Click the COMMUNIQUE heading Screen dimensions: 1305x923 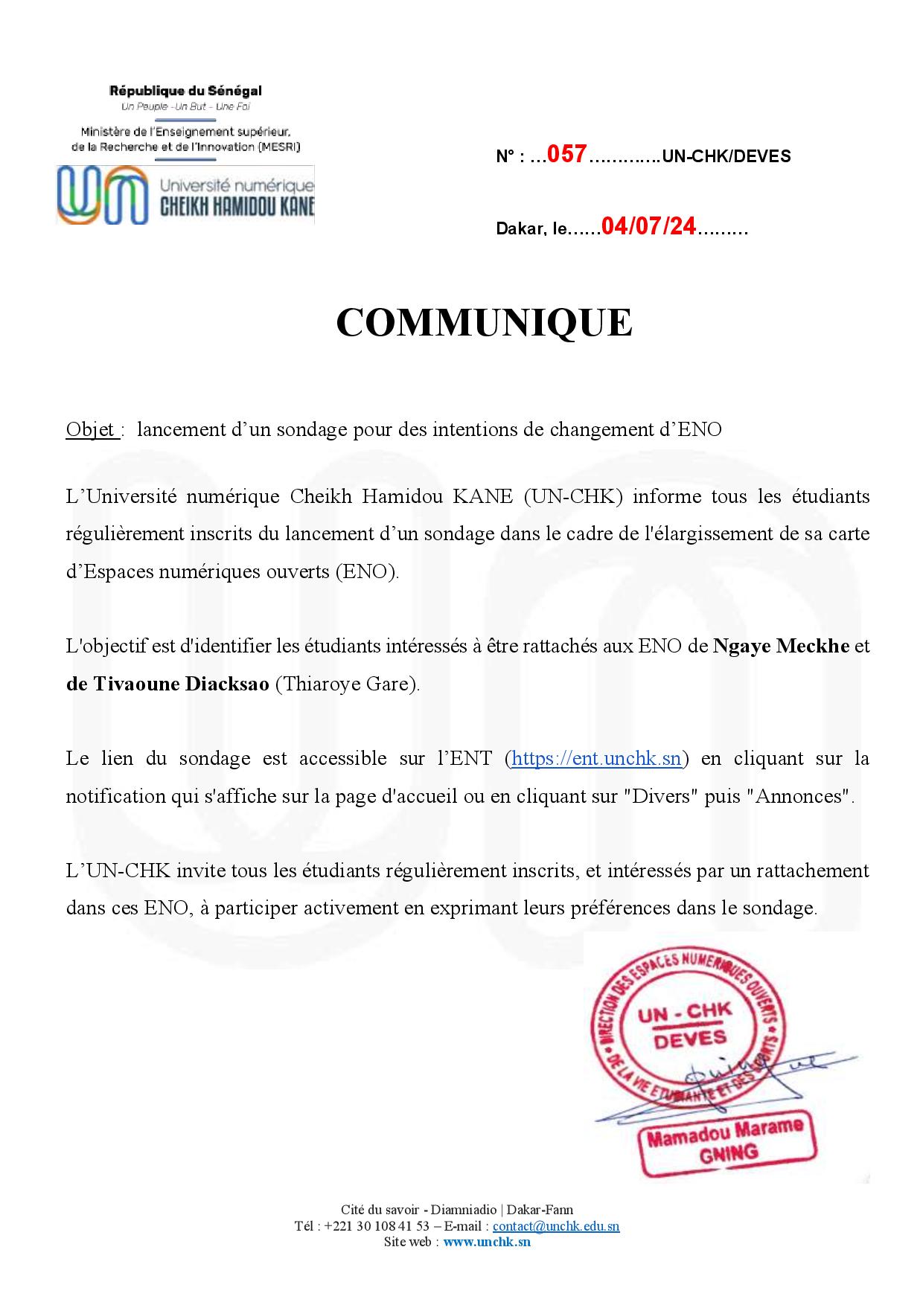[x=484, y=322]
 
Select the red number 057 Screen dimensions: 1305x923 [x=567, y=155]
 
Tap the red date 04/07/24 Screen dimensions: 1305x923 [x=648, y=227]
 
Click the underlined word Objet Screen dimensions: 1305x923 [x=90, y=430]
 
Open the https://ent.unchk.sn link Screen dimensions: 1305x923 [x=596, y=758]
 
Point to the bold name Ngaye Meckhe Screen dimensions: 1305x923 [x=781, y=646]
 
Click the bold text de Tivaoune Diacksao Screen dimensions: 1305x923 [x=167, y=684]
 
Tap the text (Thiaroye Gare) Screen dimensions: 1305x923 [x=348, y=684]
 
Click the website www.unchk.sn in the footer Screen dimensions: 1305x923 [x=487, y=1242]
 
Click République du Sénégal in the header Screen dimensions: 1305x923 [x=185, y=92]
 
